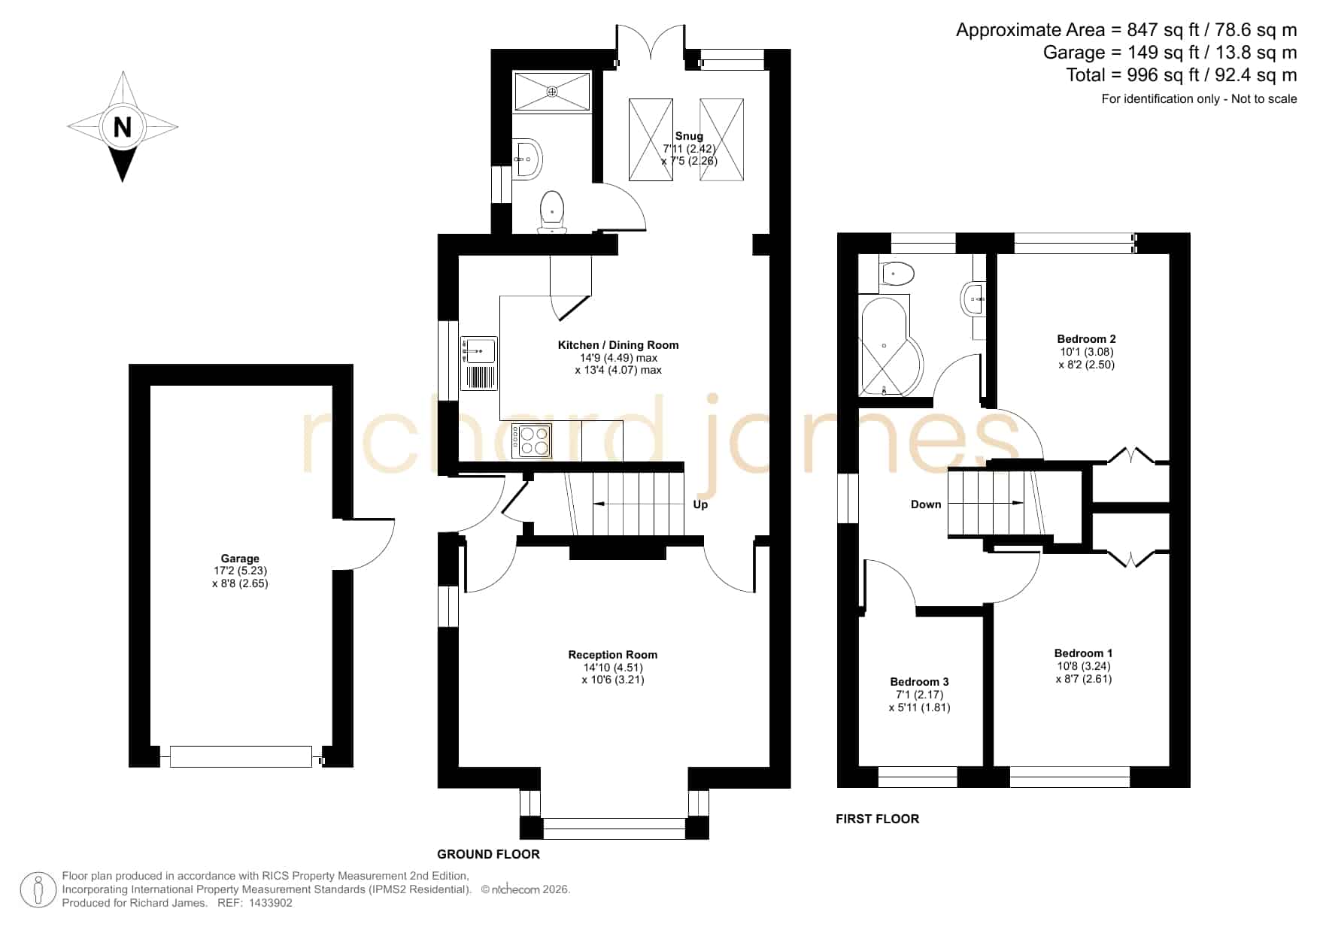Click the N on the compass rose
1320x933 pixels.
point(123,127)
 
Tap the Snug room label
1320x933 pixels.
point(689,136)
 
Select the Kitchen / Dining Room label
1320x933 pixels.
point(618,345)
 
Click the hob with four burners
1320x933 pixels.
point(533,441)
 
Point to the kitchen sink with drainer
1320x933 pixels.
point(478,363)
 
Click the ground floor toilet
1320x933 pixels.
point(552,211)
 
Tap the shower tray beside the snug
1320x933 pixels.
point(552,92)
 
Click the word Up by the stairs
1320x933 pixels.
point(700,504)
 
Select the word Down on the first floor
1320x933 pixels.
point(926,504)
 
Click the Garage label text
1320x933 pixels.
point(240,559)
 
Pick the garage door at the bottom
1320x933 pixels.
point(241,756)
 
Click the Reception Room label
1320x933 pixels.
point(613,655)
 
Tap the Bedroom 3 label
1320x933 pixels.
point(919,682)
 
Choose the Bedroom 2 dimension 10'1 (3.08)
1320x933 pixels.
point(1086,352)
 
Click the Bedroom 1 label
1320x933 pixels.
point(1083,653)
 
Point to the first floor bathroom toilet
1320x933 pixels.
point(896,274)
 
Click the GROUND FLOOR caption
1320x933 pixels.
point(489,854)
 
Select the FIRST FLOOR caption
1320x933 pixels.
point(878,819)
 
